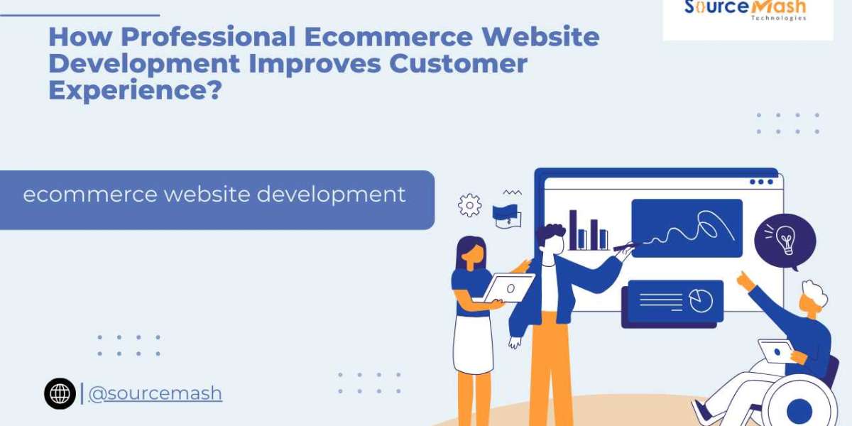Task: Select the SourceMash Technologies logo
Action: tap(746, 11)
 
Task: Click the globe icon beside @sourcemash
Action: tap(60, 393)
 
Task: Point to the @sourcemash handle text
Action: tap(155, 393)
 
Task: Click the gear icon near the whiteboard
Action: tap(469, 205)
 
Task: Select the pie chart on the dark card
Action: tap(700, 301)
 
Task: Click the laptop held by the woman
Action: tap(509, 288)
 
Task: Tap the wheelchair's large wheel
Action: tap(799, 408)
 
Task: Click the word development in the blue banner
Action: tap(331, 194)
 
